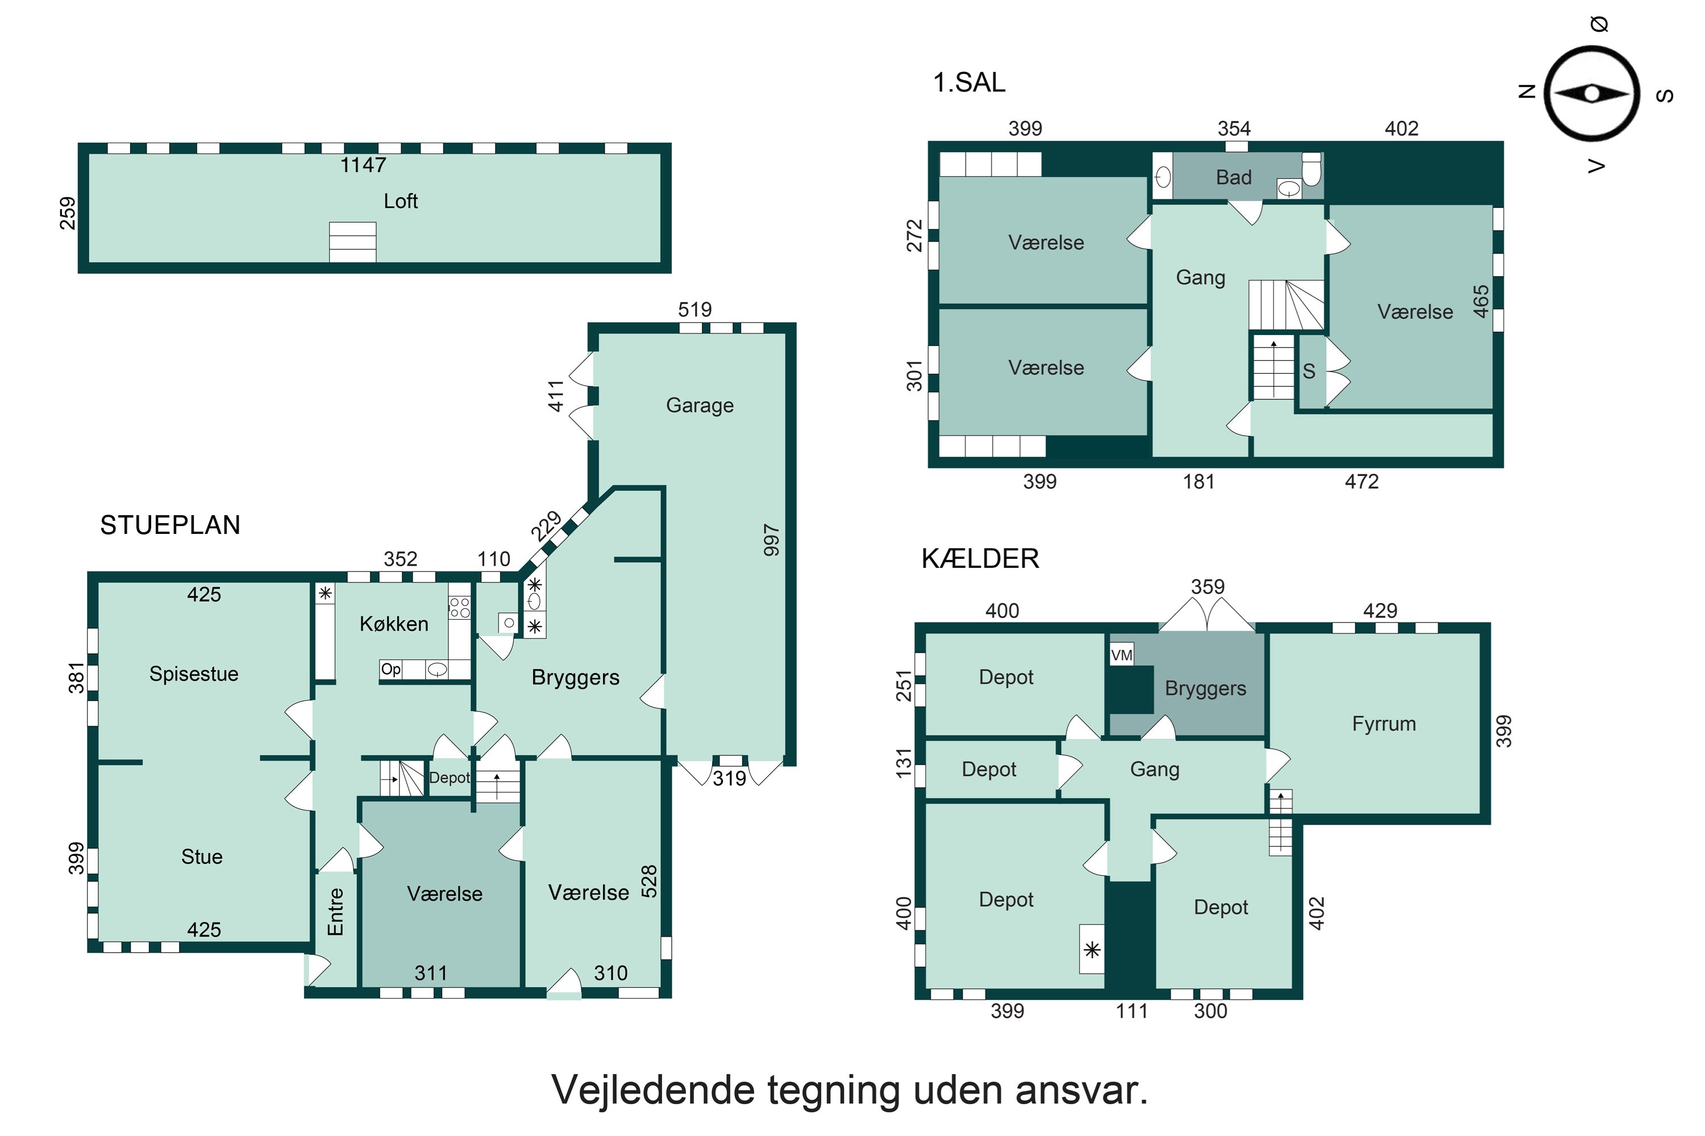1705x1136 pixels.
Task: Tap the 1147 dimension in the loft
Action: [x=363, y=165]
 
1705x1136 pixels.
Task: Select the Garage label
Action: [x=700, y=405]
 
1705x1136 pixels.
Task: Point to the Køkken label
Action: [x=394, y=624]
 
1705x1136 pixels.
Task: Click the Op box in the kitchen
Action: [x=391, y=670]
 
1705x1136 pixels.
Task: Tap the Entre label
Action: [x=335, y=912]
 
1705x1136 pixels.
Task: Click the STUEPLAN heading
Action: [x=169, y=525]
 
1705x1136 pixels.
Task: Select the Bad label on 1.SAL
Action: [x=1233, y=177]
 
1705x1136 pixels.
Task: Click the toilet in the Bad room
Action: [x=1311, y=169]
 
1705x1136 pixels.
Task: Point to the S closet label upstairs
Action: [x=1308, y=371]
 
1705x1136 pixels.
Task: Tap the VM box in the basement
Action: [x=1121, y=655]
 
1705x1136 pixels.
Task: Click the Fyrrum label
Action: [x=1383, y=724]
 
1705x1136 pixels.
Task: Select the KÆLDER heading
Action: [x=979, y=558]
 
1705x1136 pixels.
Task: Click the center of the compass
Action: [x=1591, y=94]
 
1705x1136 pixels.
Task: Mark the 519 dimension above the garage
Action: [x=695, y=310]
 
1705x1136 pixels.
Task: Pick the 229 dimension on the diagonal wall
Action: [x=545, y=527]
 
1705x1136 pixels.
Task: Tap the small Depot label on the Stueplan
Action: [x=450, y=778]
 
